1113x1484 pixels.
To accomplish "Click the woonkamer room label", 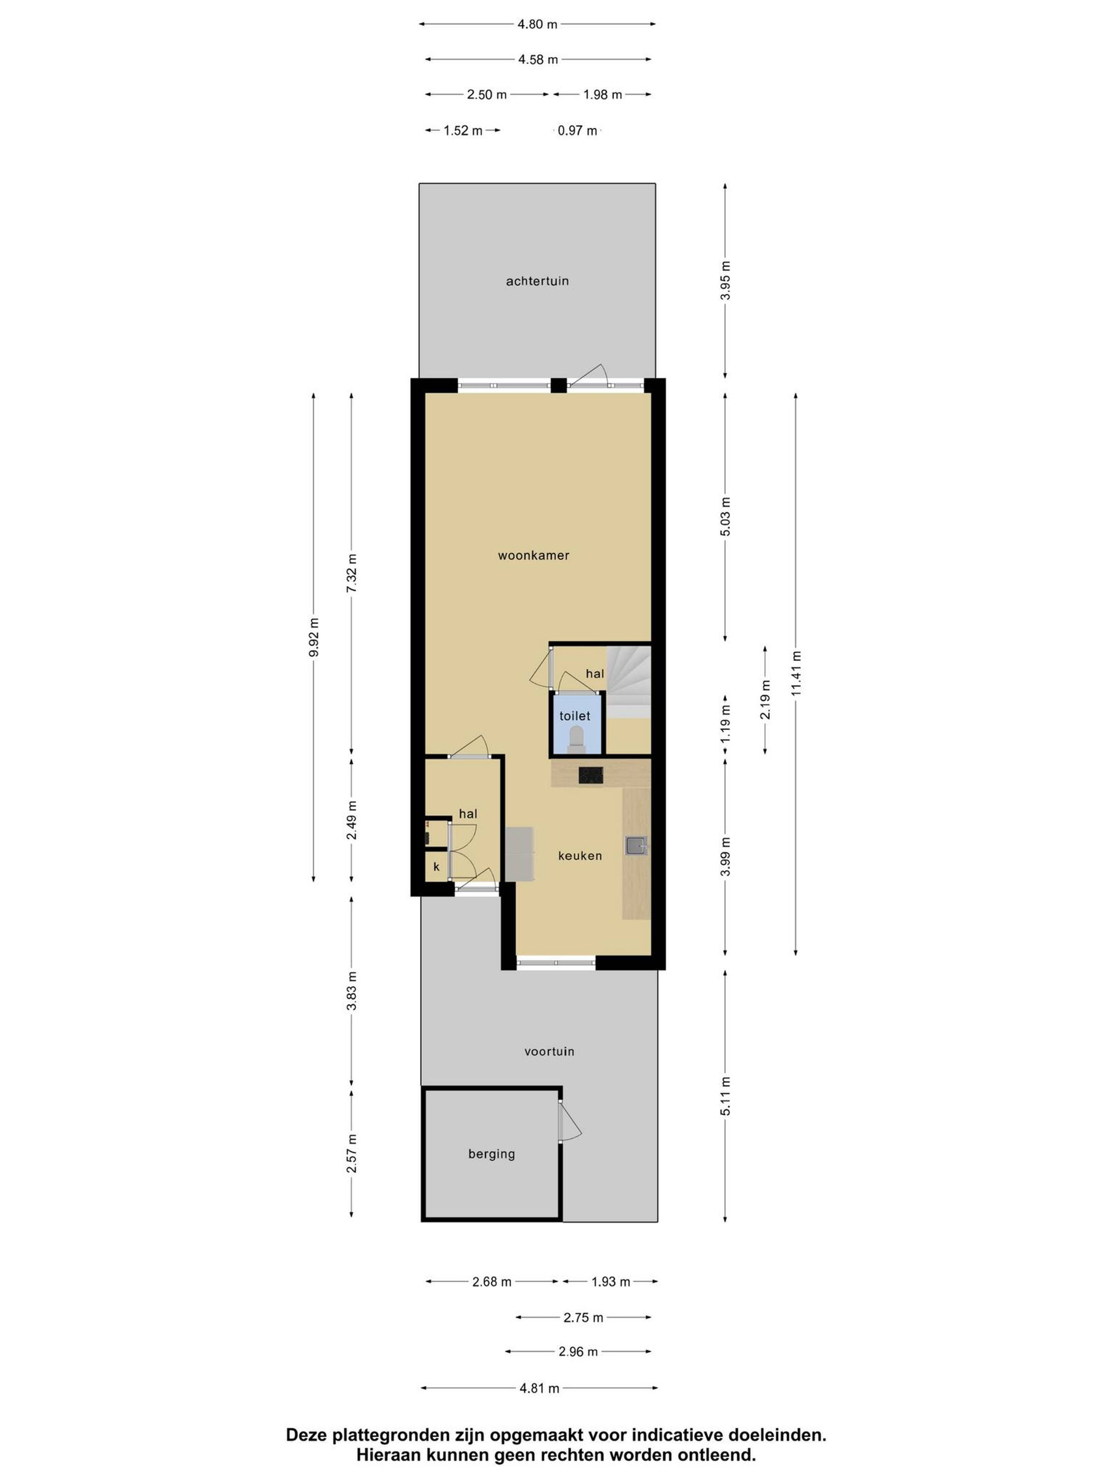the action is point(533,556).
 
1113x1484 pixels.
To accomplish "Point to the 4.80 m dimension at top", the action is point(537,24).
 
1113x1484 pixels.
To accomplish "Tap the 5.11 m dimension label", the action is point(725,1096).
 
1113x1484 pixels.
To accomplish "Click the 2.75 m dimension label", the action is point(583,1318).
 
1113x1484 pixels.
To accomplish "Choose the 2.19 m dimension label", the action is point(765,699).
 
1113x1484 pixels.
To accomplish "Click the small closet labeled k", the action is point(436,867).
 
